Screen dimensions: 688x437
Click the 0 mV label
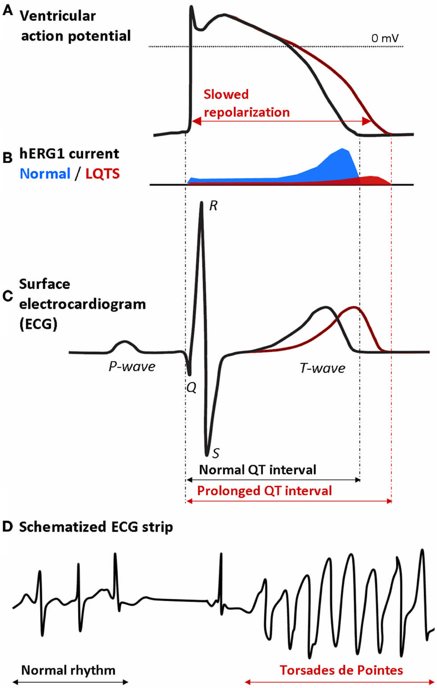pos(385,38)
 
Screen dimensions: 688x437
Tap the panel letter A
pos(8,11)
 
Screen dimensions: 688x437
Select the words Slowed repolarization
pos(246,103)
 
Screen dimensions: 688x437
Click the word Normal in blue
pos(45,173)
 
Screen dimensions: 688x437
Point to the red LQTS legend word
pos(102,173)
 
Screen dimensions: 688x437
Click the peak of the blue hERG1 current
pos(343,150)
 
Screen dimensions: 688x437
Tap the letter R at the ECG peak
pos(213,206)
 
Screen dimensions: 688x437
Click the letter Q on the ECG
pos(191,387)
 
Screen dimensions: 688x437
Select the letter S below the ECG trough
pos(216,453)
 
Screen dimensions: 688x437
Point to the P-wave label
pos(132,366)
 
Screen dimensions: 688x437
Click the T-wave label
pos(323,368)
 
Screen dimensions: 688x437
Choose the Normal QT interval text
pos(257,470)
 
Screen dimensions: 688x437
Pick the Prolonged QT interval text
pos(265,491)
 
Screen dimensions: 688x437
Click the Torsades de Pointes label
pos(341,670)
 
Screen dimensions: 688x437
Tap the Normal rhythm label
pos(68,670)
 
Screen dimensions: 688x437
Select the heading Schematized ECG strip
pos(96,527)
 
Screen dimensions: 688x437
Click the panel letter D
pos(8,527)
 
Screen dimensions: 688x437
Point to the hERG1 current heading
pos(69,154)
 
